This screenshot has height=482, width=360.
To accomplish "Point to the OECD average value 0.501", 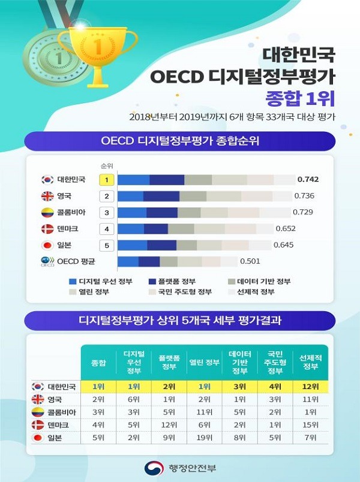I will (x=250, y=261).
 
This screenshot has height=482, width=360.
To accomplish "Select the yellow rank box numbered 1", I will (x=106, y=179).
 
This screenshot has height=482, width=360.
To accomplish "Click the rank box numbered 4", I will (x=106, y=228).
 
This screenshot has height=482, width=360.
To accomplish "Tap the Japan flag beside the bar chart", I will (x=47, y=245).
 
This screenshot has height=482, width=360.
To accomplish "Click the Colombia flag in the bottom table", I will (x=38, y=412).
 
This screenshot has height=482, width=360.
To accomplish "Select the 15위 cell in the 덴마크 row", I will (x=311, y=425).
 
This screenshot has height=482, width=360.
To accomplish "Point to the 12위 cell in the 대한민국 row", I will (x=311, y=387).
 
